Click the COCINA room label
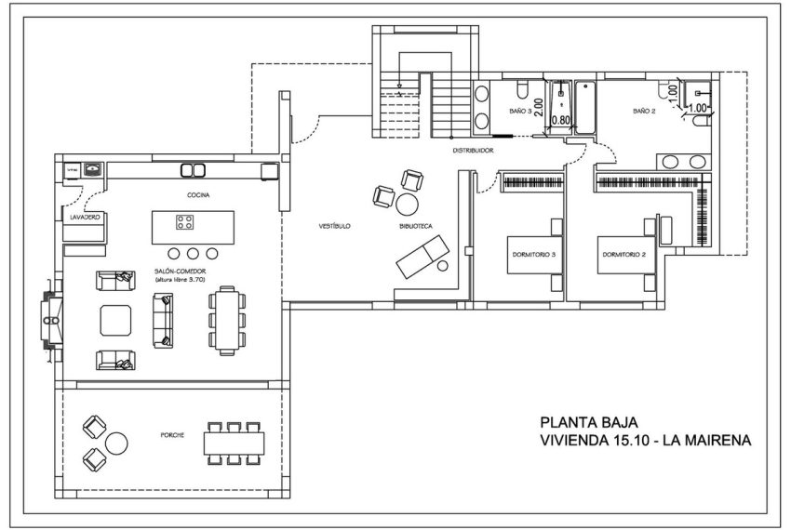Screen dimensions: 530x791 (197, 195)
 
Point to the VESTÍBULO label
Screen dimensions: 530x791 (333, 226)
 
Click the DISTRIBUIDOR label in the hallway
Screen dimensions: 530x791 (473, 150)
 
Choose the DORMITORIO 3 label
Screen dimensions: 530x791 (534, 253)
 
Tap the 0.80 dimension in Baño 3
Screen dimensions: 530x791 (561, 120)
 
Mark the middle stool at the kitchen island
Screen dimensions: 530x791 (193, 253)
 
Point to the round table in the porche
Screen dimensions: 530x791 (118, 442)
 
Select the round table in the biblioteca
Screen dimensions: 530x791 (408, 203)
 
